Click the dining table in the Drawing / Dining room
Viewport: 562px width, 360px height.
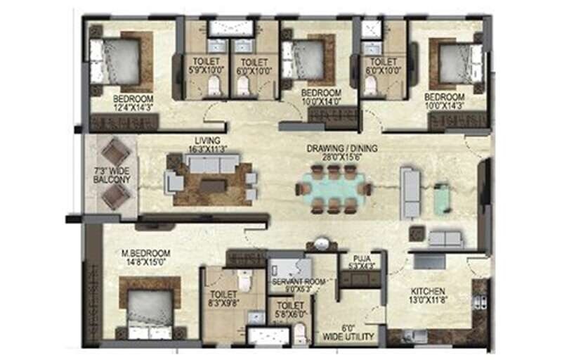click(333, 188)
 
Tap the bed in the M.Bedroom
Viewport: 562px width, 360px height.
click(150, 307)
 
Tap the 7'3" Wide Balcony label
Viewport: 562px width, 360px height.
click(112, 174)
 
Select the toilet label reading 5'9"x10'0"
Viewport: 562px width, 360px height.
click(207, 65)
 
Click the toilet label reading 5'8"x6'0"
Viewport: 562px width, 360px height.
click(289, 310)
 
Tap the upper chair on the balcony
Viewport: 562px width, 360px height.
click(116, 150)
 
